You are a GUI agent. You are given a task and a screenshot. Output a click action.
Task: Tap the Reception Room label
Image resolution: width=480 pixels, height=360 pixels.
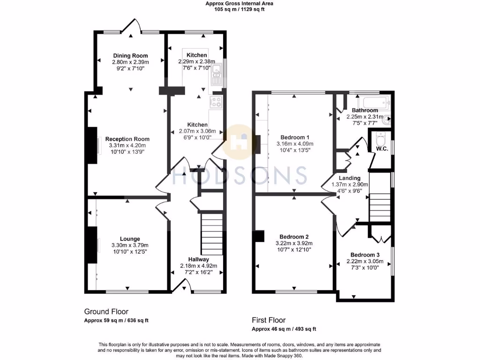127,139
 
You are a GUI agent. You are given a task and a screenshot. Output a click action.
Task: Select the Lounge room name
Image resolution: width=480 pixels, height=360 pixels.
129,239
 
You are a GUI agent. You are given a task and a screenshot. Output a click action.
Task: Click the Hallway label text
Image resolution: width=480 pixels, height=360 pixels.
199,259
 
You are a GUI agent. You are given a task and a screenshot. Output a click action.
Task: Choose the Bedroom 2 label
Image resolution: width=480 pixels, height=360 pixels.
293,237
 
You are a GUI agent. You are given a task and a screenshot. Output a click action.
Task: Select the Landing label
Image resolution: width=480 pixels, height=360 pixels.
350,178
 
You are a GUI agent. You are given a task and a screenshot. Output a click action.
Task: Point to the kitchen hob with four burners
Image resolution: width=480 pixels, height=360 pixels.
216,102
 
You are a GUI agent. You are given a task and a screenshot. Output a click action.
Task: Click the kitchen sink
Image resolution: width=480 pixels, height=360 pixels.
217,74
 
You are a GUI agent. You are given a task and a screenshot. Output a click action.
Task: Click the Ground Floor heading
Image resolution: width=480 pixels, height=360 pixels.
106,312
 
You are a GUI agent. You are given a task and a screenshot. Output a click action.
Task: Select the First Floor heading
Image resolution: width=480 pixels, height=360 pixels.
269,320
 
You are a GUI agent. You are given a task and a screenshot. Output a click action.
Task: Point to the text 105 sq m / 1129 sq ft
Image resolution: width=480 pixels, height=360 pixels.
239,9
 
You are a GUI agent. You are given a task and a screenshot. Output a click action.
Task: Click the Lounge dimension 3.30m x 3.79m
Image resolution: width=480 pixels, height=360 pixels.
129,245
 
